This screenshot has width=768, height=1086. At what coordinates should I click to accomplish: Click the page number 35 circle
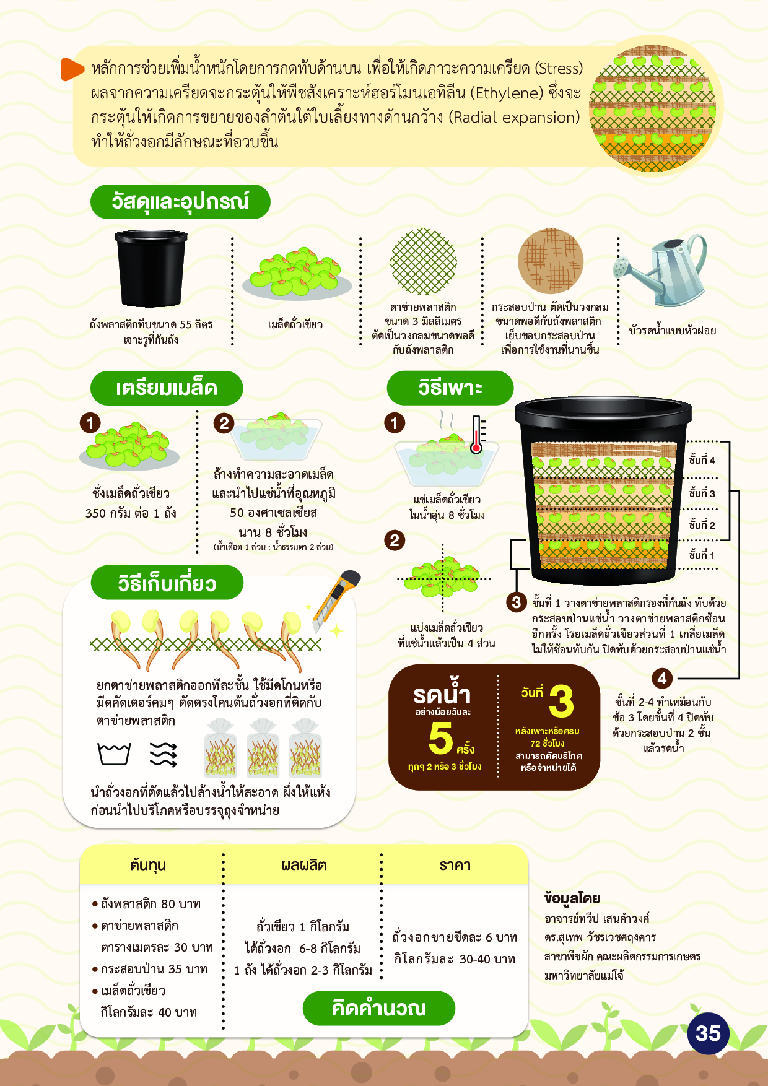coord(708,1033)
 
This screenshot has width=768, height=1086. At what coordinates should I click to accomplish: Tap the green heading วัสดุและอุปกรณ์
coord(180,202)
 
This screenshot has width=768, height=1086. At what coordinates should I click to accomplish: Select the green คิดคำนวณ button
coord(379,1008)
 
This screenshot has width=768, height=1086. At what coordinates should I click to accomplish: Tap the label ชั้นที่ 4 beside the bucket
coord(702,460)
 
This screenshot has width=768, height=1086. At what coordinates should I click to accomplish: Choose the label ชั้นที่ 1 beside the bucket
coord(702,555)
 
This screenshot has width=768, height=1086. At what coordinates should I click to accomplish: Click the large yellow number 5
coord(440,737)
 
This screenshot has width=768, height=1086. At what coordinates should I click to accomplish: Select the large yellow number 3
coord(561,700)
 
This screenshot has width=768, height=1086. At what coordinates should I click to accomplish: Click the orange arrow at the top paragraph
coord(72,69)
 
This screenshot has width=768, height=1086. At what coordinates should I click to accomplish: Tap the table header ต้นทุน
coord(148,865)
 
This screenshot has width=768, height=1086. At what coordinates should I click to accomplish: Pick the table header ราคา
coord(455,865)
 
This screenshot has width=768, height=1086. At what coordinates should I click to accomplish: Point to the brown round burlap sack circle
coord(551,261)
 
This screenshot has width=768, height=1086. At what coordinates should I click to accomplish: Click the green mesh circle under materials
coord(424,262)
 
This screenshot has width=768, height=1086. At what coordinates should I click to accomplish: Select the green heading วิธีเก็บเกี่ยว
coord(167,583)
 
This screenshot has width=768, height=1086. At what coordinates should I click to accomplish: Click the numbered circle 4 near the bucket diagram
coord(662,678)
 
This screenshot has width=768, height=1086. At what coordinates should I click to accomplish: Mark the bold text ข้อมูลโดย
coord(572,898)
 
